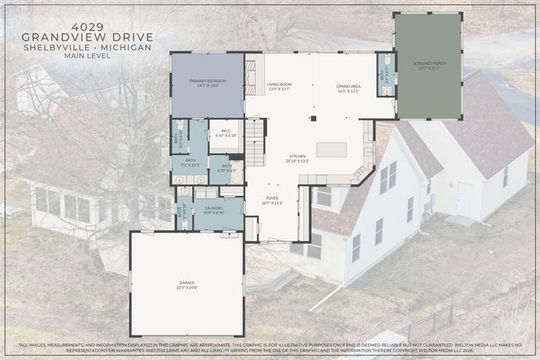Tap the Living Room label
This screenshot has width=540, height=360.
point(279,87)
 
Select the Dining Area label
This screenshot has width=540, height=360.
point(349,87)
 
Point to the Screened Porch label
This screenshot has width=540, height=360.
point(428,67)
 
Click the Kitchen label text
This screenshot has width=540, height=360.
point(299,159)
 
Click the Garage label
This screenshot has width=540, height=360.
point(187,287)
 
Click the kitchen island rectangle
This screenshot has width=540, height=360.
point(332,150)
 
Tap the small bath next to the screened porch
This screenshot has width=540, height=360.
point(386,75)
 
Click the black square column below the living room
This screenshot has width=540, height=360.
point(312,118)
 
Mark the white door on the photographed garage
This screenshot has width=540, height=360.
point(465,199)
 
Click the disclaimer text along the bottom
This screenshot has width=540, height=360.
point(270,348)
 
